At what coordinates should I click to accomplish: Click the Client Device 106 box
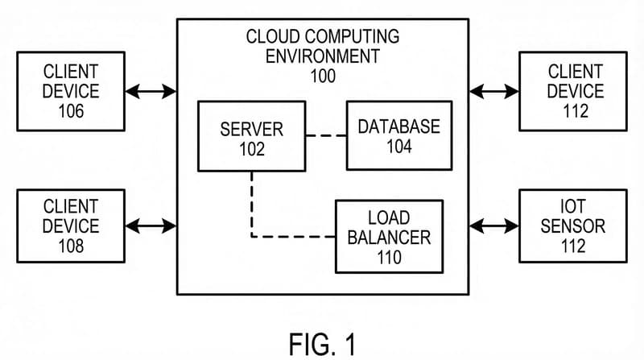click(71, 91)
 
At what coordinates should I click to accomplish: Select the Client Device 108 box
click(71, 226)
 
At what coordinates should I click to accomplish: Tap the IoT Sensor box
click(572, 226)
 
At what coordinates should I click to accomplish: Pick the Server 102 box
click(251, 135)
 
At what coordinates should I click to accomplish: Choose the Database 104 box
click(398, 135)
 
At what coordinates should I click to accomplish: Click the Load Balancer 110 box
click(389, 237)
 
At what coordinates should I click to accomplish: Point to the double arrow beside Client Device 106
click(151, 91)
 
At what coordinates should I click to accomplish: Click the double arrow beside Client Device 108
click(151, 226)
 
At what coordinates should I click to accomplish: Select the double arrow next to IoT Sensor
click(493, 226)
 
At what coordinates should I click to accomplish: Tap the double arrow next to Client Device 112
click(493, 91)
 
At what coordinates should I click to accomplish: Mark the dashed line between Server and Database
click(326, 135)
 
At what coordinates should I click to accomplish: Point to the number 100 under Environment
click(321, 77)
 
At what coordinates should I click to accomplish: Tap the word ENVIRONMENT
click(321, 57)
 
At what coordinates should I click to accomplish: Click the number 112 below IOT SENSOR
click(572, 246)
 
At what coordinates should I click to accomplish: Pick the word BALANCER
click(389, 238)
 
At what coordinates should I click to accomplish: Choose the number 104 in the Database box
click(398, 146)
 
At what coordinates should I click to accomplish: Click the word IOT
click(572, 206)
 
